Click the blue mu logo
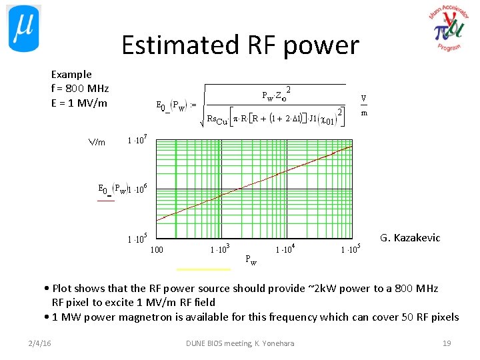click(x=24, y=28)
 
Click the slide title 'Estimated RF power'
click(x=240, y=45)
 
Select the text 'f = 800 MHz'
click(x=80, y=89)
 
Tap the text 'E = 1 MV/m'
click(x=79, y=103)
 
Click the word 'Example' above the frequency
click(x=71, y=74)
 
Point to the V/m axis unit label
click(x=97, y=142)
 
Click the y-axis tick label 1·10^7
click(x=137, y=141)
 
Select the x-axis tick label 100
click(x=157, y=250)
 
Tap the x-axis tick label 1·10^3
click(x=220, y=250)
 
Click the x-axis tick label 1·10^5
click(x=350, y=250)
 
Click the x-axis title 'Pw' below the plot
click(x=251, y=260)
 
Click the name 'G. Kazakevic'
click(x=410, y=238)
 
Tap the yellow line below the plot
click(x=203, y=269)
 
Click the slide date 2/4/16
click(x=41, y=343)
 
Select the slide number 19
click(x=447, y=343)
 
